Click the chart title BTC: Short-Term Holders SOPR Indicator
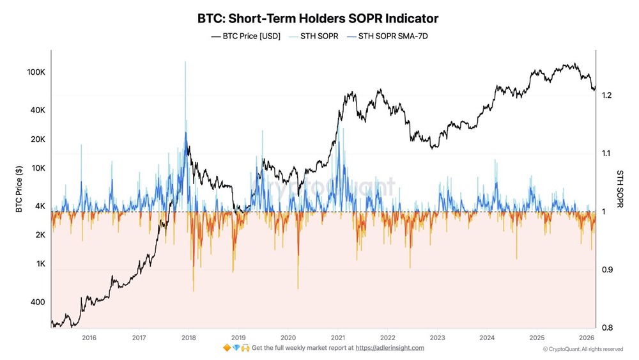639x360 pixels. tap(319, 19)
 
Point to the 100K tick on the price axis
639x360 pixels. tap(35, 72)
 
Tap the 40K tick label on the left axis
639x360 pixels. tap(37, 110)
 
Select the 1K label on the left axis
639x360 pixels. tap(39, 263)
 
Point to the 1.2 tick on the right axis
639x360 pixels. tap(607, 95)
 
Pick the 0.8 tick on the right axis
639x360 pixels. tap(607, 327)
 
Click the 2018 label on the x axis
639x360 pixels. tap(188, 337)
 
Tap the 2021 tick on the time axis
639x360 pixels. tap(337, 337)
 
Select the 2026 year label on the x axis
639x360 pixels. tap(587, 337)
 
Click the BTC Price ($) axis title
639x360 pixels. tap(19, 189)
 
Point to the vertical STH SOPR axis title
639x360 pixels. tap(619, 189)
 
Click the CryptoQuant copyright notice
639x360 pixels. tap(583, 349)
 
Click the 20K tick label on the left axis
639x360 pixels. tap(37, 139)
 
